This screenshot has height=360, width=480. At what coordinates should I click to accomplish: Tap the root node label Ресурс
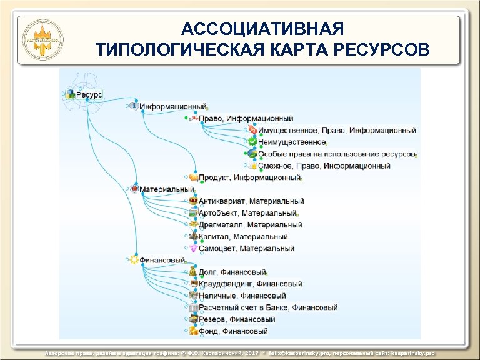(89, 95)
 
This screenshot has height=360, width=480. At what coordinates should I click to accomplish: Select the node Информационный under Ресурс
(172, 107)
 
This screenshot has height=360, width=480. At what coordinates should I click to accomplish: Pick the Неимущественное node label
(292, 142)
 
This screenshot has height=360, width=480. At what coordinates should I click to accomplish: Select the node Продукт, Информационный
(249, 177)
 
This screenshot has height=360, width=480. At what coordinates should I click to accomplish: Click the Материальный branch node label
(167, 189)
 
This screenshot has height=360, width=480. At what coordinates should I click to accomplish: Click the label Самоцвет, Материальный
(246, 249)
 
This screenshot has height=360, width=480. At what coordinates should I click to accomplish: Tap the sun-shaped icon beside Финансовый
(133, 260)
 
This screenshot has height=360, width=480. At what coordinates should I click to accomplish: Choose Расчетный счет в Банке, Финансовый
(268, 307)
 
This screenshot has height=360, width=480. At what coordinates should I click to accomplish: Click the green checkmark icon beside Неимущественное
(252, 142)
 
